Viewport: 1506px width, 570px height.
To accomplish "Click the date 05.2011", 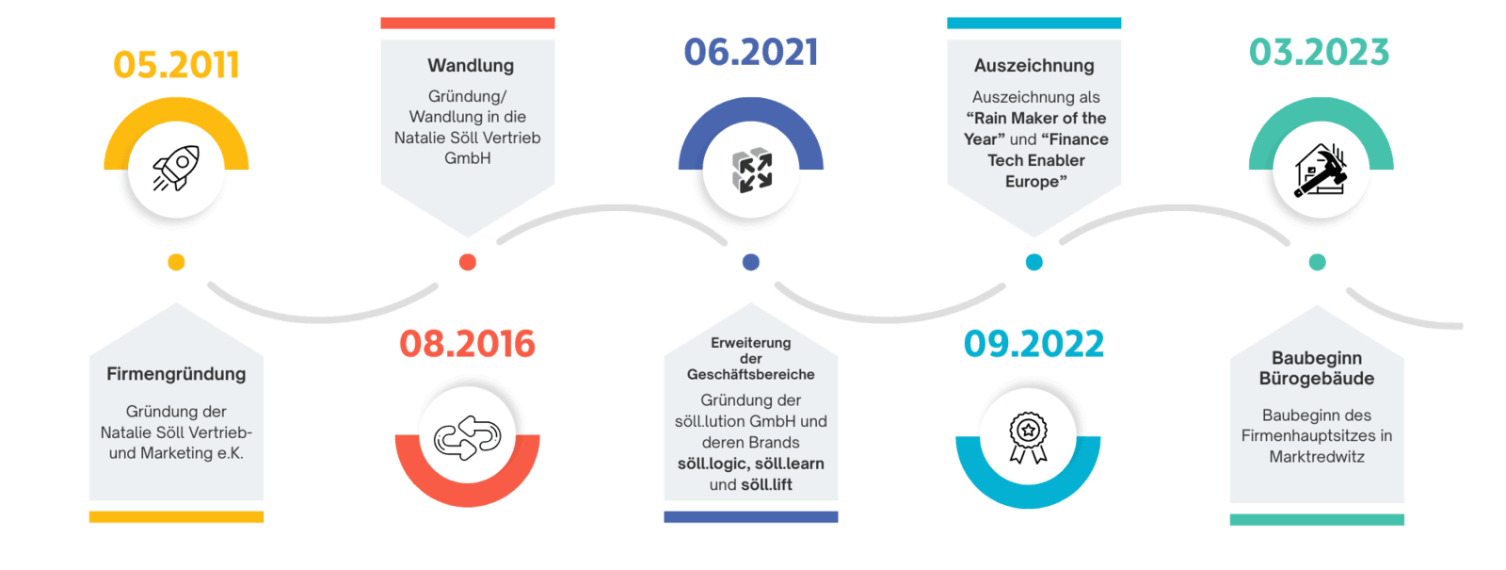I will pos(176,65).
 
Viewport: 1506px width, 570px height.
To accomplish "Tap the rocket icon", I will pos(176,170).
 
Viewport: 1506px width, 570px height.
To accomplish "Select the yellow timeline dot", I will pos(176,262).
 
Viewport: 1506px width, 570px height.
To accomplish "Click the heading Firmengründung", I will pos(176,374).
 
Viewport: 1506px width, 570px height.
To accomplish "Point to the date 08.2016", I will pos(467,344).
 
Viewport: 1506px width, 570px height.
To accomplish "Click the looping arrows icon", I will pos(467,438).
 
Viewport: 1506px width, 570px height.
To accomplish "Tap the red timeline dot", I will pos(467,262).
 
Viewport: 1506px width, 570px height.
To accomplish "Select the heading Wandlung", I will pos(471,66).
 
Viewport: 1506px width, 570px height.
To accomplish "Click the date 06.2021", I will pos(750,53).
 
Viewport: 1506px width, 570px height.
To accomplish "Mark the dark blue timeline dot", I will pos(751,262).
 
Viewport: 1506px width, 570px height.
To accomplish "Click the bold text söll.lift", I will pos(766,485).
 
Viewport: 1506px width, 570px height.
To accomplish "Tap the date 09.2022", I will pos(1033,344).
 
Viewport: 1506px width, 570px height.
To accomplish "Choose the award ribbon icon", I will pos(1028,438).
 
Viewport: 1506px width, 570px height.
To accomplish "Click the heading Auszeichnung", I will pos(1034,66).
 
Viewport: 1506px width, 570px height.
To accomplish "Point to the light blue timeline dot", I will pos(1034,262).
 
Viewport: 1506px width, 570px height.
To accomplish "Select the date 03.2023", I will pos(1319,52).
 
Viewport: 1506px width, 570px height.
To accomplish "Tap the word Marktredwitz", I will pos(1317,457).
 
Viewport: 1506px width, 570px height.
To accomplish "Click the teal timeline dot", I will pos(1318,262).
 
